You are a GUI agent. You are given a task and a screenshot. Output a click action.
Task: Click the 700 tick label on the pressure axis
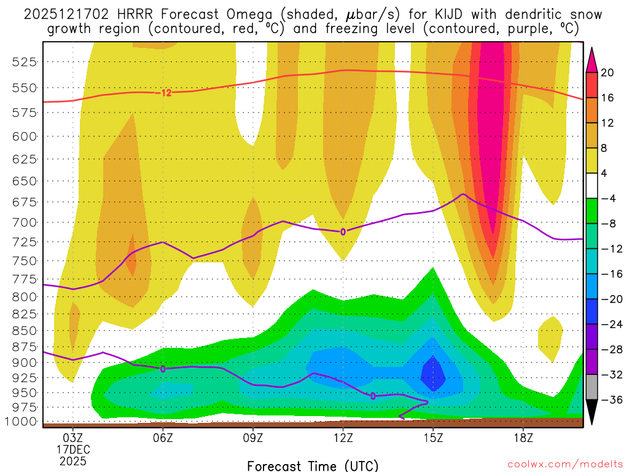tap(25, 222)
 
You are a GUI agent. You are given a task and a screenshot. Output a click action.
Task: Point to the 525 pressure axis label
tap(25, 61)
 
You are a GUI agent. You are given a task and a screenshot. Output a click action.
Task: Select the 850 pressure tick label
tap(25, 330)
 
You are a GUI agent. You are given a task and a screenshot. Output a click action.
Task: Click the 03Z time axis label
tap(73, 438)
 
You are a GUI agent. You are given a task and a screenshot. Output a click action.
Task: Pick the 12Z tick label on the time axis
tap(343, 438)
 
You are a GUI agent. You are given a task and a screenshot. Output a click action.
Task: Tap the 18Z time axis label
tap(523, 438)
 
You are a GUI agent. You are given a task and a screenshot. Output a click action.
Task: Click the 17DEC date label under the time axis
tap(73, 449)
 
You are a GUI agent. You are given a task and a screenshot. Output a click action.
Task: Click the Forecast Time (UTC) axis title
tap(313, 466)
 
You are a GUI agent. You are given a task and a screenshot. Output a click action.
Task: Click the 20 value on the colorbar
tap(608, 73)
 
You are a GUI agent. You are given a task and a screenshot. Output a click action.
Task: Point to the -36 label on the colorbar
tap(610, 400)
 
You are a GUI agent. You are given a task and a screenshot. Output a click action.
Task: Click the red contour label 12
tap(166, 93)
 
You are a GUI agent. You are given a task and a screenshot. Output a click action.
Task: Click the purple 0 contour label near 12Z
tap(343, 232)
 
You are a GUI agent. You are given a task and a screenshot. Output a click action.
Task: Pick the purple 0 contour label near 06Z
tap(163, 369)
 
